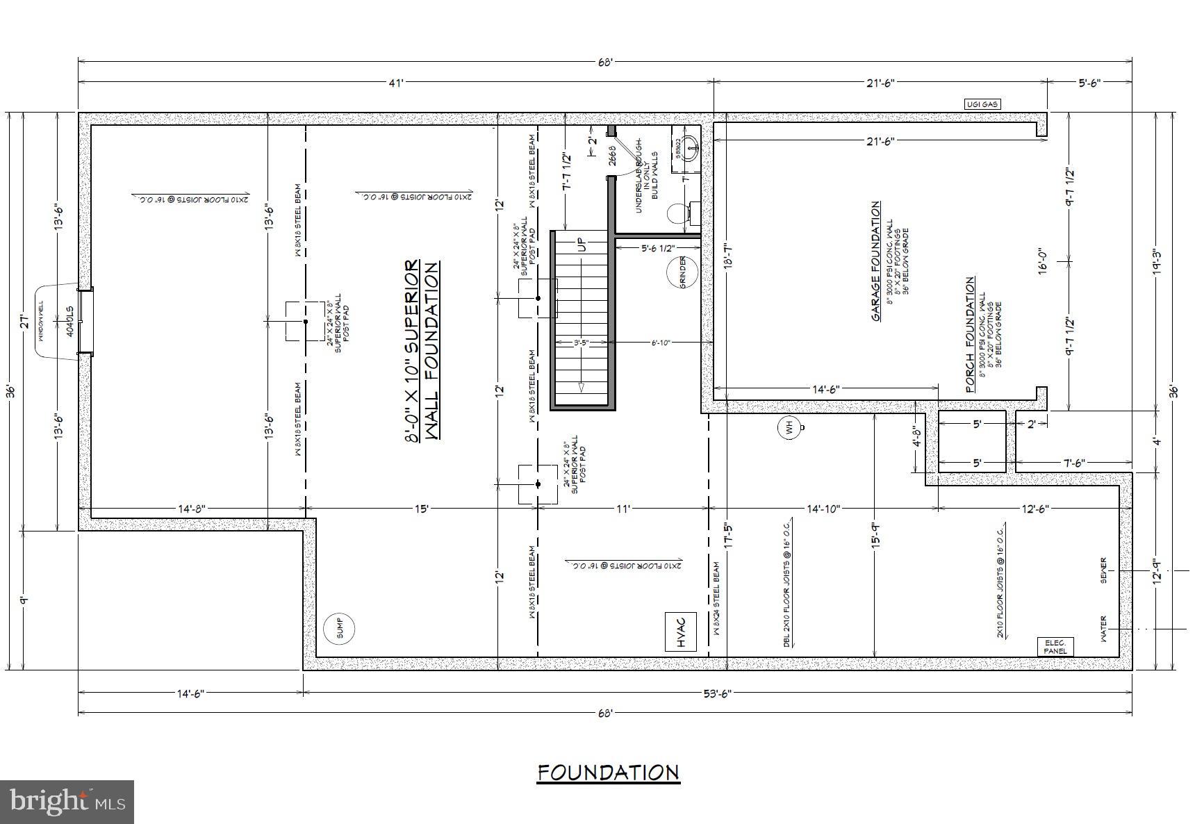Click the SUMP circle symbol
point(340,629)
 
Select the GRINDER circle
point(682,272)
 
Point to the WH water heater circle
point(790,428)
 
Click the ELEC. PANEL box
point(1055,646)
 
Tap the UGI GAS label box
point(982,104)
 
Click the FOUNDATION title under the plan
point(608,773)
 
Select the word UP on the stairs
point(582,245)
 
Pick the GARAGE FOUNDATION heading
point(876,261)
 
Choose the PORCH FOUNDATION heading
point(970,335)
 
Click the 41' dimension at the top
point(396,83)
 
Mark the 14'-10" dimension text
point(823,509)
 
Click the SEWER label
point(1103,570)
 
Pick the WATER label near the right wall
point(1103,629)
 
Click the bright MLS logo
point(67,802)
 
